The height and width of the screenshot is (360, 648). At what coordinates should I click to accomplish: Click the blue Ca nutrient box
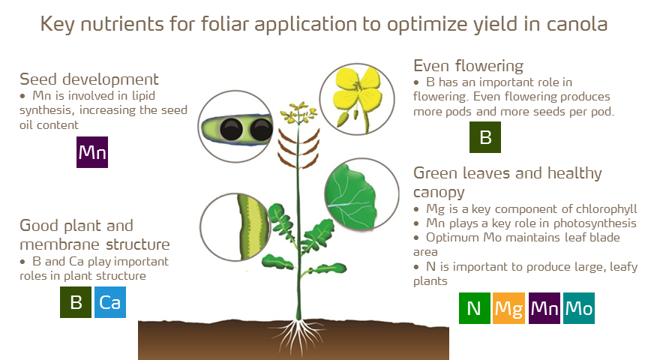point(110,303)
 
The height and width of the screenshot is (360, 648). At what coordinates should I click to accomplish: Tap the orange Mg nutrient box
point(508,308)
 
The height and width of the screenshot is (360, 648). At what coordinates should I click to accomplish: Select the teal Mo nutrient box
point(579,308)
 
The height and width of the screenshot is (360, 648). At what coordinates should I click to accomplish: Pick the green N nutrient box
point(474,308)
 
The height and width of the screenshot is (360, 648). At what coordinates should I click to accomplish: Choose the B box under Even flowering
point(484,137)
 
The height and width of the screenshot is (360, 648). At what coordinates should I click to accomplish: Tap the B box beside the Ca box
point(76,303)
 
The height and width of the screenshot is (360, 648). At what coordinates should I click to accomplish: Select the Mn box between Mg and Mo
point(544,308)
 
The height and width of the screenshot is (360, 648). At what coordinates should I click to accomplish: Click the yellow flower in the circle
point(358,98)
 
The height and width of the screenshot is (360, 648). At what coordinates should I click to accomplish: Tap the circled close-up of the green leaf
point(360,194)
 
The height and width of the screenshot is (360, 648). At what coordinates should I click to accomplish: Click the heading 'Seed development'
point(89,79)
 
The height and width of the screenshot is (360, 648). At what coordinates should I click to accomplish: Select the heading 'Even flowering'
point(469,65)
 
